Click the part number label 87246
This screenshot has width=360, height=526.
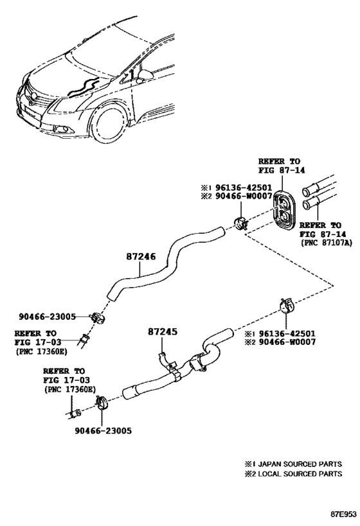(x=141, y=257)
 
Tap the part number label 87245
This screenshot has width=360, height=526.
(x=163, y=331)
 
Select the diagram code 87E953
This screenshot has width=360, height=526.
(x=343, y=514)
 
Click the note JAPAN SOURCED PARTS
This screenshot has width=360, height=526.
(x=300, y=464)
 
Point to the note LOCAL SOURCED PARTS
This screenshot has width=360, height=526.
(x=300, y=474)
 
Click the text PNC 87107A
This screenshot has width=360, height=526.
(x=327, y=243)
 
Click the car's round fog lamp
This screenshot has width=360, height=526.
(x=62, y=129)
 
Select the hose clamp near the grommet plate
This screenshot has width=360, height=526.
(x=240, y=223)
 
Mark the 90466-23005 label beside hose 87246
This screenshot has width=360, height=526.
(x=48, y=317)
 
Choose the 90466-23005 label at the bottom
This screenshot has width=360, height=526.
(x=104, y=431)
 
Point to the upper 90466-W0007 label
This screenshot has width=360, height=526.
(x=241, y=196)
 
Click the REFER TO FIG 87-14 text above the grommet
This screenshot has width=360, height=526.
(x=282, y=166)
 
